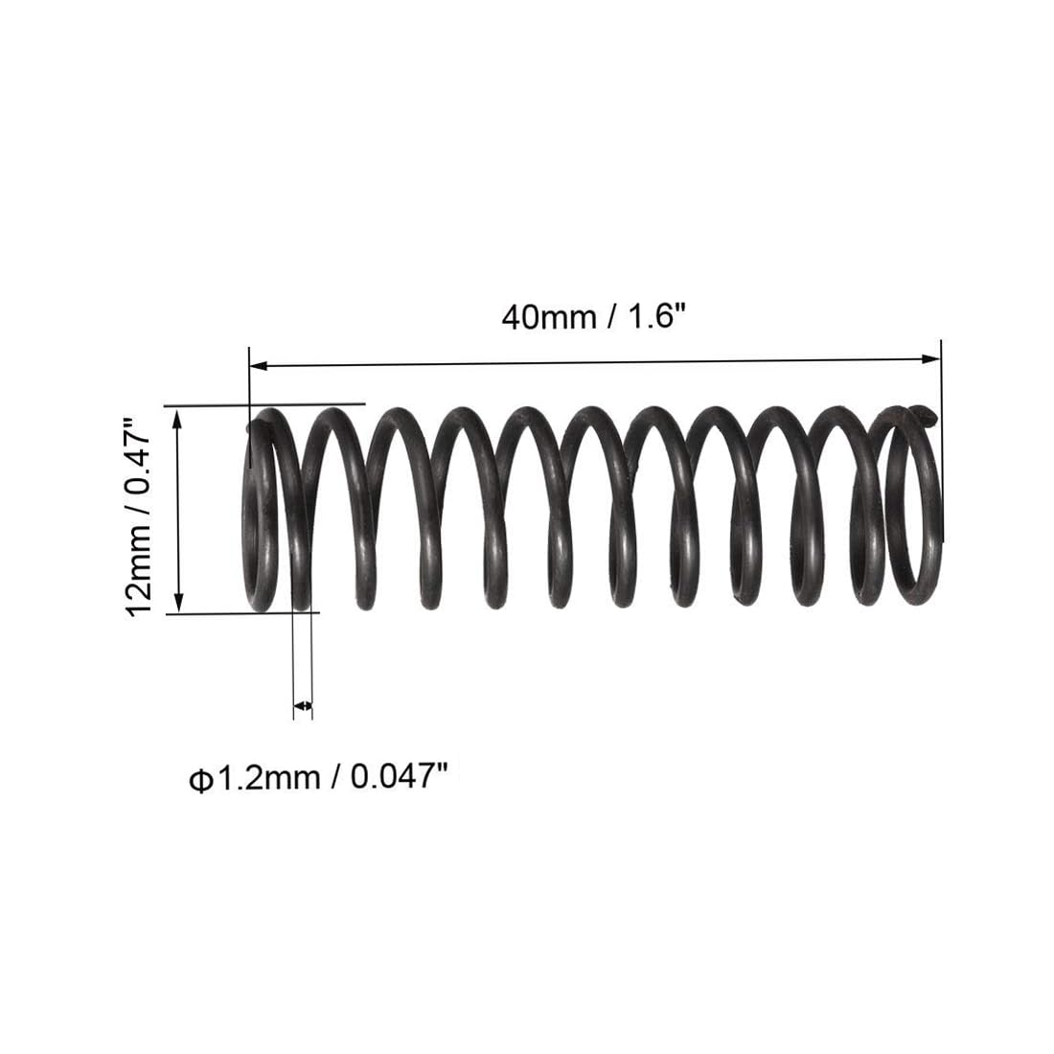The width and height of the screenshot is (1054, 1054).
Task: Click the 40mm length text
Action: pyautogui.click(x=549, y=316)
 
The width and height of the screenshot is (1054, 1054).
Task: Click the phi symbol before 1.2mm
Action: pyautogui.click(x=200, y=781)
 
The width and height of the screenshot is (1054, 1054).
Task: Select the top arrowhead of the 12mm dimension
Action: pyautogui.click(x=177, y=419)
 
